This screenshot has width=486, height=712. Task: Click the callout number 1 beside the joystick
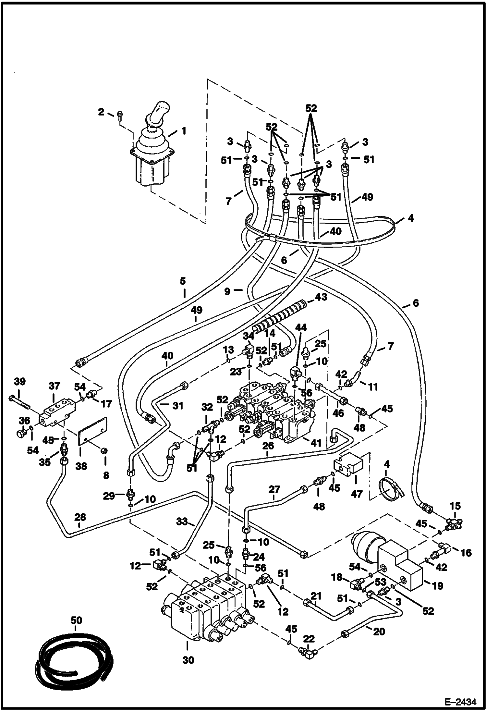184,131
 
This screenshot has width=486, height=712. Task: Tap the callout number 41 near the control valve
316,443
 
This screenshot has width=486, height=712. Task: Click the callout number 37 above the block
54,386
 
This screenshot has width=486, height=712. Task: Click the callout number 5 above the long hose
183,281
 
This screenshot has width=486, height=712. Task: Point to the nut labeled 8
105,451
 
